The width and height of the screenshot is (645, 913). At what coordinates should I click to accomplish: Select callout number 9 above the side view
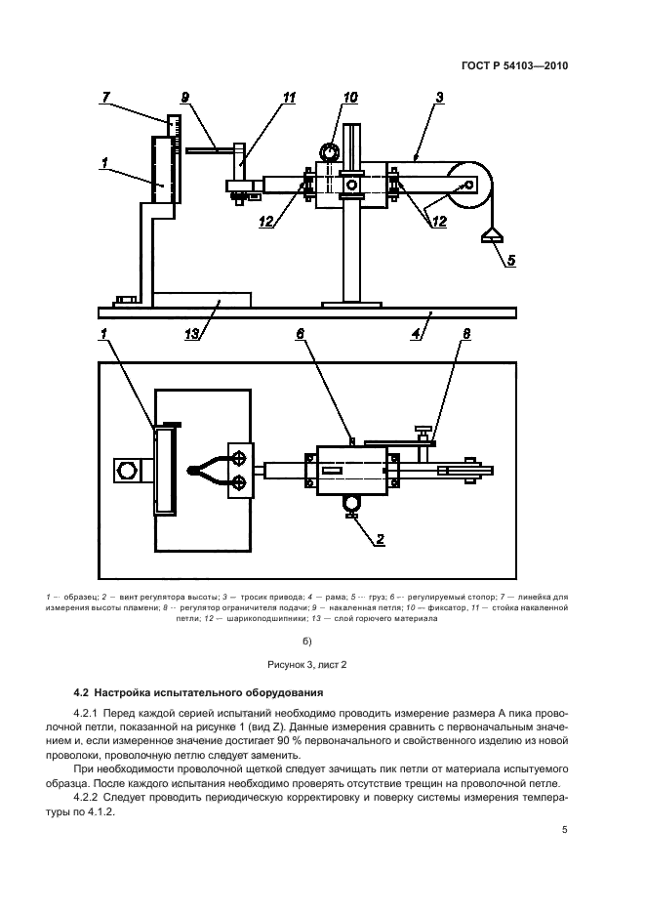[x=184, y=97]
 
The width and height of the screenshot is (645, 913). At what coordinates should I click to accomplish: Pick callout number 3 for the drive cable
[x=439, y=97]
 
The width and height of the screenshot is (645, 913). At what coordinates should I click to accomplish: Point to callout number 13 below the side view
[x=194, y=333]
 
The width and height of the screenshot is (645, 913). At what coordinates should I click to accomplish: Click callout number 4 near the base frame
[x=417, y=333]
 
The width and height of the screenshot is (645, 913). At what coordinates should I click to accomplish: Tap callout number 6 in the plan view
[x=302, y=333]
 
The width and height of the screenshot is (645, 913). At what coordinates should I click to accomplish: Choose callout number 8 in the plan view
[x=465, y=333]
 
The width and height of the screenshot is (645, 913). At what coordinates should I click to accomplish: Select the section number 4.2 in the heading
[x=83, y=691]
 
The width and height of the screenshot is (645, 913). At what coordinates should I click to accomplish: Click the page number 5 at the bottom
[x=564, y=831]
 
